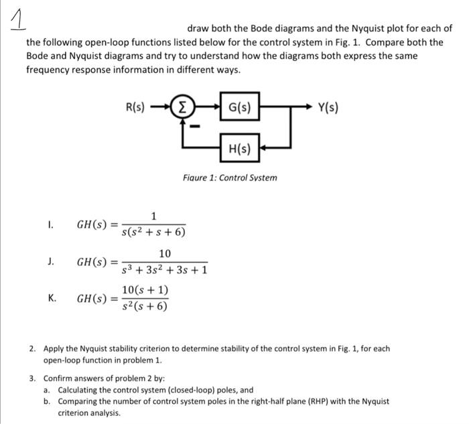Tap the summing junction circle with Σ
[x=184, y=107]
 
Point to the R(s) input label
[x=136, y=107]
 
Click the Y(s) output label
[x=328, y=107]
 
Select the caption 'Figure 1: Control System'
[x=230, y=178]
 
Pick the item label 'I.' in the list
[x=51, y=224]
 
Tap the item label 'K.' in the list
[x=52, y=298]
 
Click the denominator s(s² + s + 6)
[x=153, y=232]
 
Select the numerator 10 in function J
[x=165, y=253]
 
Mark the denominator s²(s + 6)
[x=145, y=307]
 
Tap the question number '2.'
[x=33, y=349]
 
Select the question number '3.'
[x=33, y=378]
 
